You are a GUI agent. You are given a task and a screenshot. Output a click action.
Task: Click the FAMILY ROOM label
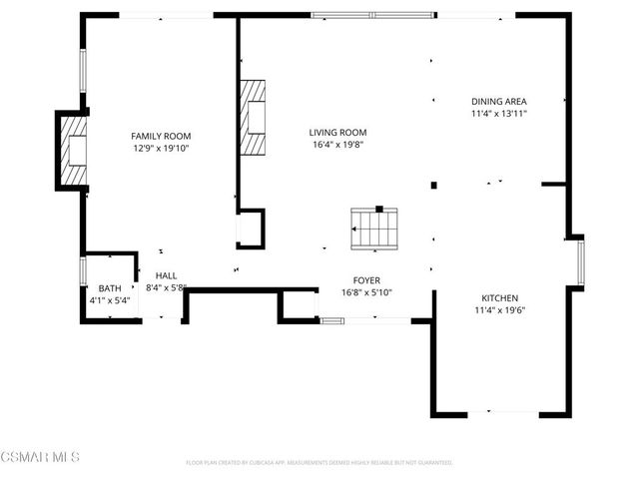pyautogui.click(x=161, y=136)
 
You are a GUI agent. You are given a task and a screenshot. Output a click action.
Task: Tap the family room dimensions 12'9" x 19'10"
pyautogui.click(x=161, y=148)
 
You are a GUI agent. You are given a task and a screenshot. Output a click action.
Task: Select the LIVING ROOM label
pyautogui.click(x=337, y=132)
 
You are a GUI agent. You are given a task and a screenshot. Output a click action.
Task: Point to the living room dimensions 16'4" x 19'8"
pyautogui.click(x=337, y=144)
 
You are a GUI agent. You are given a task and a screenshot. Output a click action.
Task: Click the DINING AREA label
pyautogui.click(x=499, y=102)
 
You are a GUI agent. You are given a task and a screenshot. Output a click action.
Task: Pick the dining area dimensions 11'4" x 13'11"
pyautogui.click(x=499, y=114)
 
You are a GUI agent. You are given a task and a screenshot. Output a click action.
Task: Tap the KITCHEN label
pyautogui.click(x=499, y=298)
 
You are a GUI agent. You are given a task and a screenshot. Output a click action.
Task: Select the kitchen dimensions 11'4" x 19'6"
pyautogui.click(x=499, y=310)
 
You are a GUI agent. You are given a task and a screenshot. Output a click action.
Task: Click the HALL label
pyautogui.click(x=165, y=275)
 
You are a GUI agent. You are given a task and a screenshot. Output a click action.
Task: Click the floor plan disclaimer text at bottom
pyautogui.click(x=319, y=463)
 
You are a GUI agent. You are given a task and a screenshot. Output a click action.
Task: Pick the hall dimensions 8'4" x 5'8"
pyautogui.click(x=167, y=287)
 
